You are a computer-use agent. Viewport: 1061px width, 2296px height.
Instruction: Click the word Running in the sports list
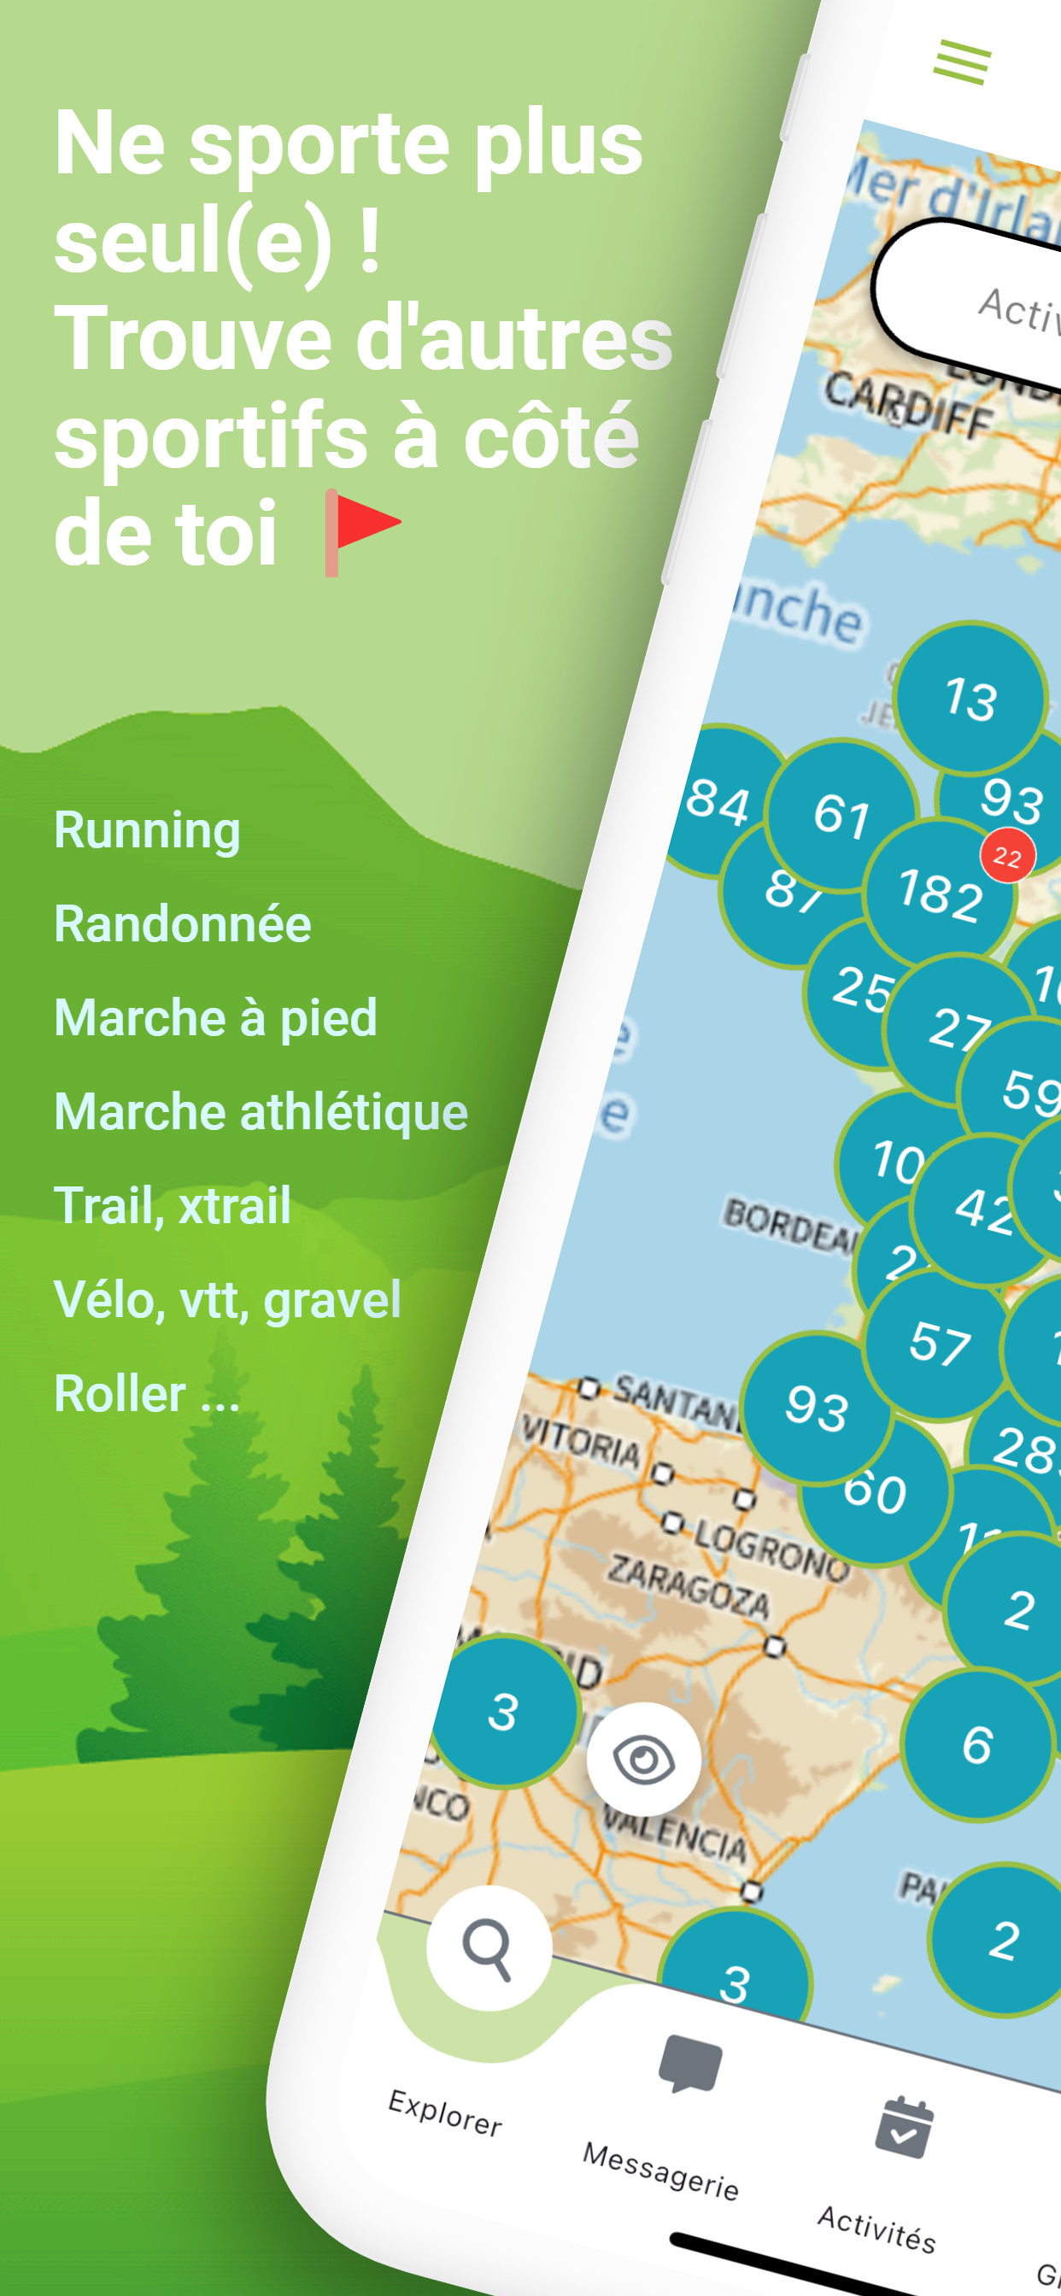(x=147, y=831)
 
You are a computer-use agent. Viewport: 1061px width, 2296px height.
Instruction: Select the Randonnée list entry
(x=183, y=924)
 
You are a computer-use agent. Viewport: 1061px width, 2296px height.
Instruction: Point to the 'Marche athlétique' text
(x=261, y=1112)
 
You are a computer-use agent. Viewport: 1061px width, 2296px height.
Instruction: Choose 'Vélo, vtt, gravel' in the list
(x=227, y=1300)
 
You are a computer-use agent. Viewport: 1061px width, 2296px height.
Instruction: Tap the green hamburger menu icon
(x=962, y=63)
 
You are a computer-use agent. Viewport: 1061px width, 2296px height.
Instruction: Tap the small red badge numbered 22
(x=1007, y=857)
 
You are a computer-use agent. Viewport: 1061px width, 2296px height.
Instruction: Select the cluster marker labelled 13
(x=970, y=698)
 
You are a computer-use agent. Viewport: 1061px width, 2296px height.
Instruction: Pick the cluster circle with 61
(x=841, y=815)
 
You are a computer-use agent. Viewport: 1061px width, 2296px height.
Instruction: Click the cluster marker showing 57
(x=939, y=1344)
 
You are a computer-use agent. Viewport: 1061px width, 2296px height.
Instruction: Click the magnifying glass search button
(x=489, y=1948)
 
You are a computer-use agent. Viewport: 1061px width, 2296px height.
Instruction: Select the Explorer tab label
(x=445, y=2112)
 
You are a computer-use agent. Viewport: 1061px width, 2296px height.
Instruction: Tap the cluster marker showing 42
(x=983, y=1209)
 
